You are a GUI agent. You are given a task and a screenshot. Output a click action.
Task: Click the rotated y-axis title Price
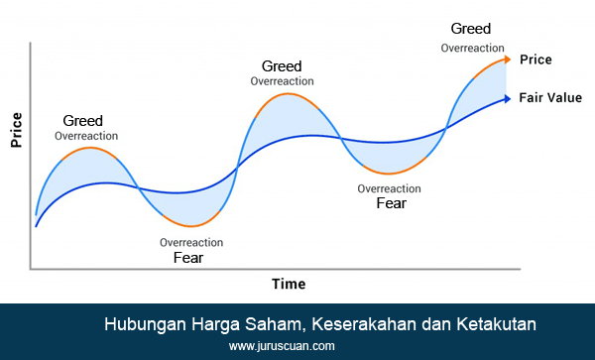(x=17, y=129)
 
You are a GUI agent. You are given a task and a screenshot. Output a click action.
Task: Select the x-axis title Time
(x=289, y=284)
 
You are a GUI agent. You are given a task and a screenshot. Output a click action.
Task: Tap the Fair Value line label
(x=550, y=98)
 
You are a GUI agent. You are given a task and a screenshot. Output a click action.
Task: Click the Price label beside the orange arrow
(x=535, y=60)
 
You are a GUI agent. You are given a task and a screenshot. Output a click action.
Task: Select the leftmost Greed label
(x=82, y=120)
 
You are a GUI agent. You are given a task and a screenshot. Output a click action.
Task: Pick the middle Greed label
(x=282, y=66)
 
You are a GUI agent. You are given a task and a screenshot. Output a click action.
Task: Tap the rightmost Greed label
(x=470, y=29)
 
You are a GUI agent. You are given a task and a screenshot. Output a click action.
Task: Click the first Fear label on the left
(x=189, y=257)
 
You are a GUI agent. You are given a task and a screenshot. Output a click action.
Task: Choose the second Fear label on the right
(x=391, y=203)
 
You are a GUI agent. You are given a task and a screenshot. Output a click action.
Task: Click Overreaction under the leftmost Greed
(x=86, y=136)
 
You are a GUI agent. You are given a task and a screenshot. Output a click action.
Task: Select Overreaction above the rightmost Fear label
(x=390, y=188)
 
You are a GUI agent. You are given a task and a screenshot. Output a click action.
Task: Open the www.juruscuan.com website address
(x=282, y=346)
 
